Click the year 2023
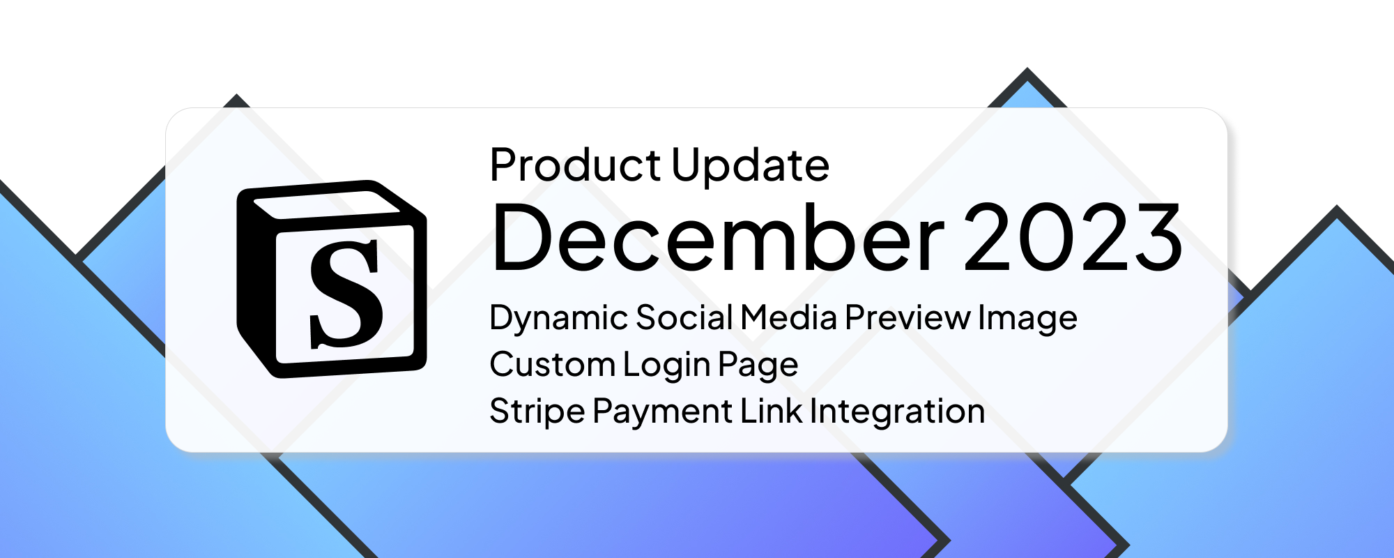[1073, 238]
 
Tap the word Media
[788, 318]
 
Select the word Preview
[907, 318]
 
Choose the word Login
[666, 365]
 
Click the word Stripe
[537, 412]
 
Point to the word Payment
[662, 412]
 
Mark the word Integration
[898, 412]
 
